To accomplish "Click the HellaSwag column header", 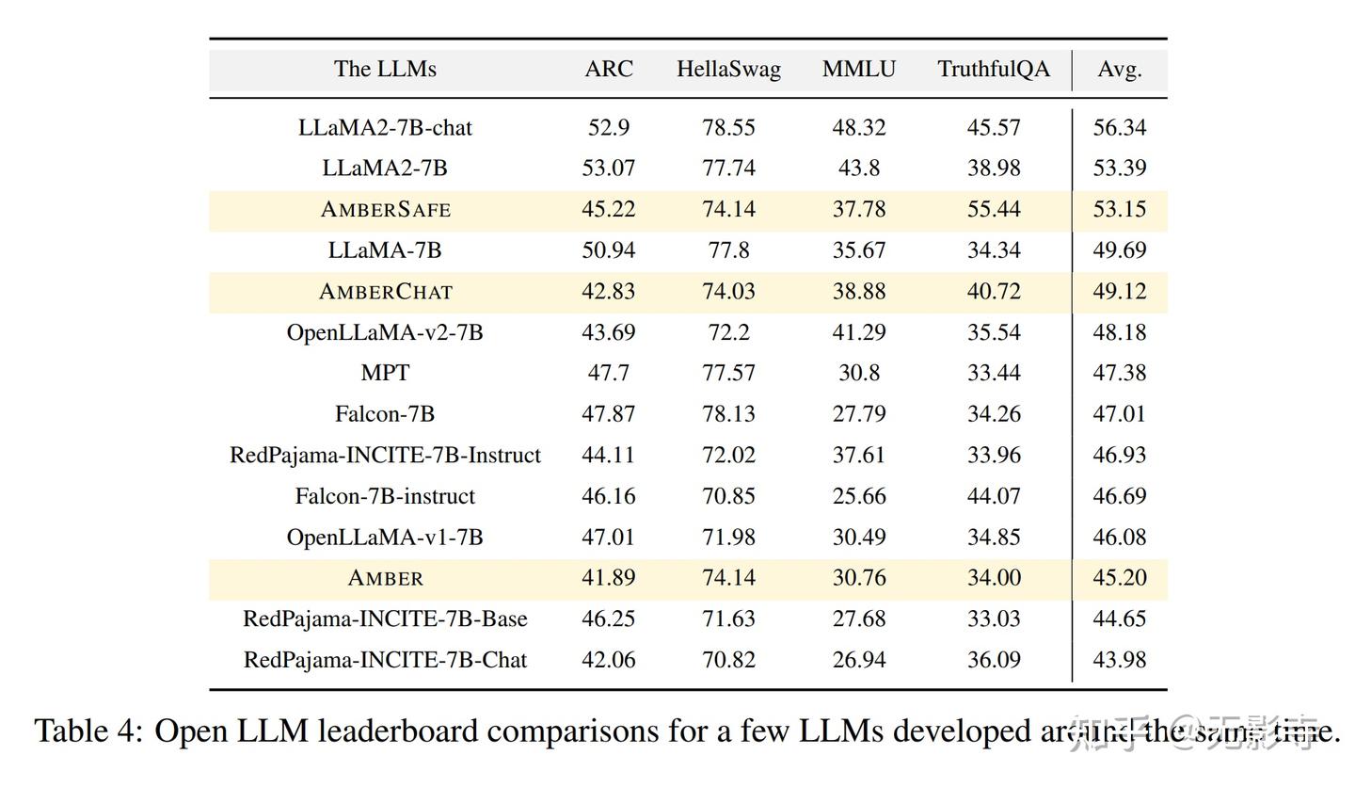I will [x=728, y=69].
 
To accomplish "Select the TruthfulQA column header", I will [x=994, y=69].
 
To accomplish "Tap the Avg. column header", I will [x=1119, y=69].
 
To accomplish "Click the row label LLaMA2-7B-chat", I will [x=385, y=127].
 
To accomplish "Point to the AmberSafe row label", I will [x=385, y=209].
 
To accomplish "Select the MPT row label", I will [x=385, y=373].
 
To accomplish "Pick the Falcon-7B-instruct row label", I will [x=385, y=496].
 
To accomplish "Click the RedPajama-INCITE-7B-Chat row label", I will [x=385, y=660].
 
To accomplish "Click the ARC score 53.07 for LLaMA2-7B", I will [x=608, y=168].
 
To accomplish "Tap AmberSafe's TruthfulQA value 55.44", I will [x=994, y=209].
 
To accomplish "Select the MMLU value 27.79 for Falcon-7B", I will [x=858, y=414].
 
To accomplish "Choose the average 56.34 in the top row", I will [x=1119, y=127].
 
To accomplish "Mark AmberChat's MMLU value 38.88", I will [x=858, y=291].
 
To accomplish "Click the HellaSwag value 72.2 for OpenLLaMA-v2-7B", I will [x=728, y=332].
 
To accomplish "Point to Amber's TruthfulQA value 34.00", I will [x=994, y=578].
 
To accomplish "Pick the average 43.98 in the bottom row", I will [x=1119, y=660].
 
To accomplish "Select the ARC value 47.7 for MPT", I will [x=608, y=373].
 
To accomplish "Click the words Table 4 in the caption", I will [x=87, y=731].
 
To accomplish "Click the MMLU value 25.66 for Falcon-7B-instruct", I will [x=858, y=496].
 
